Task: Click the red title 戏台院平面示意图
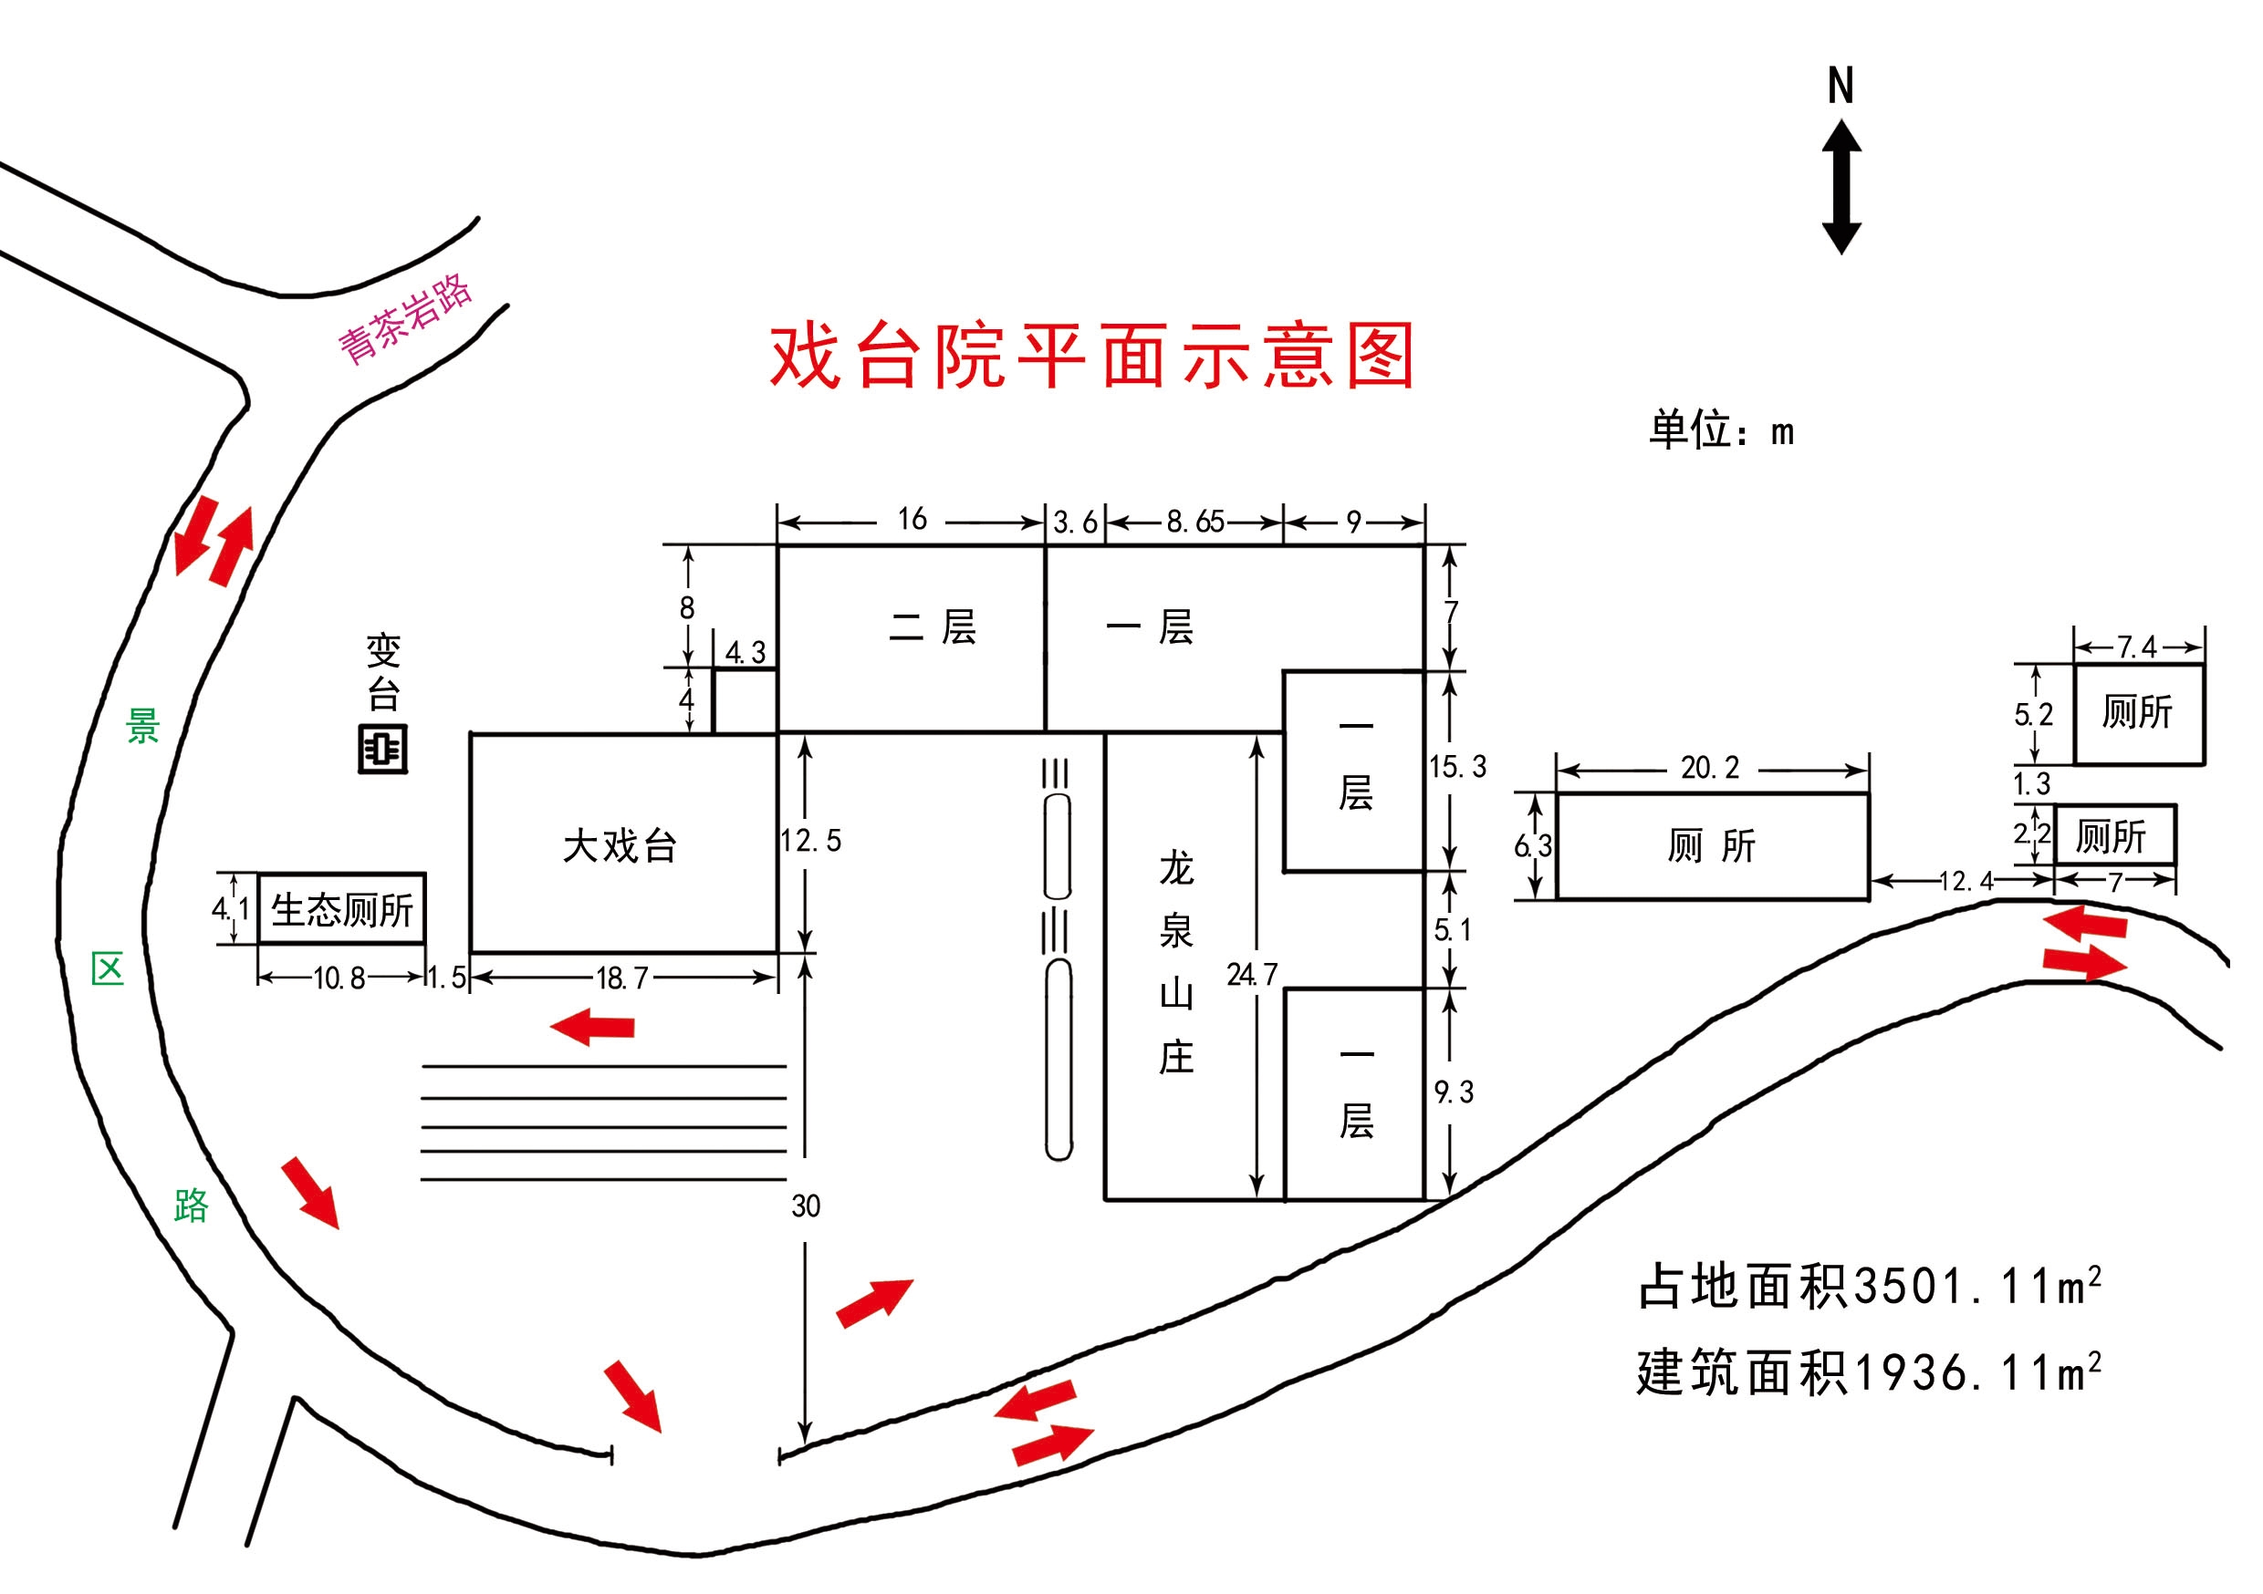pyautogui.click(x=1092, y=356)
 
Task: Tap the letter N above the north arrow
pyautogui.click(x=1841, y=86)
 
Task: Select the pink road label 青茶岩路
pyautogui.click(x=405, y=319)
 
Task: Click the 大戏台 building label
pyautogui.click(x=620, y=846)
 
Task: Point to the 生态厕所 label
pyautogui.click(x=342, y=910)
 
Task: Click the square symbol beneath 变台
pyautogui.click(x=382, y=750)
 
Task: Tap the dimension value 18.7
pyautogui.click(x=622, y=978)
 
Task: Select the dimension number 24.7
pyautogui.click(x=1252, y=974)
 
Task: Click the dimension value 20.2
pyautogui.click(x=1710, y=768)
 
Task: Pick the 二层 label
pyautogui.click(x=933, y=627)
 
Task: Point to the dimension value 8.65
pyautogui.click(x=1195, y=522)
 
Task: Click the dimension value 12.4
pyautogui.click(x=1966, y=881)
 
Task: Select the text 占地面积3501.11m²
pyautogui.click(x=1870, y=1286)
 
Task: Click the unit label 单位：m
pyautogui.click(x=1722, y=430)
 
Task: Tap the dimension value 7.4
pyautogui.click(x=2137, y=647)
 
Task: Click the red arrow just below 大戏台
pyautogui.click(x=592, y=1027)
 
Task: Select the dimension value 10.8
pyautogui.click(x=339, y=978)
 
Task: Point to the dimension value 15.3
pyautogui.click(x=1458, y=767)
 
